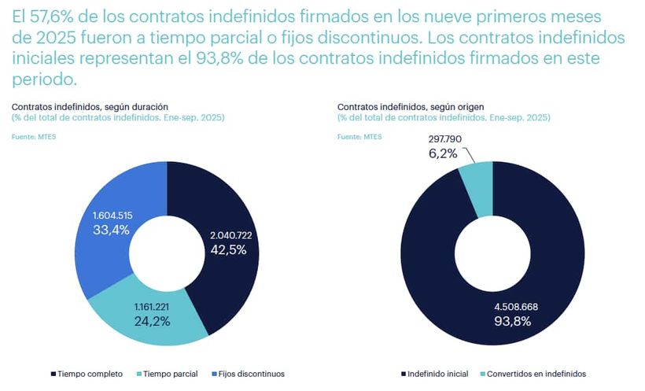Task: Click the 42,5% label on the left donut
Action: point(228,250)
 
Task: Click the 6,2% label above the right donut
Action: point(443,154)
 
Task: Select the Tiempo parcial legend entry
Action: point(167,374)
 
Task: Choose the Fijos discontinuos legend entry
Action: point(249,374)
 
